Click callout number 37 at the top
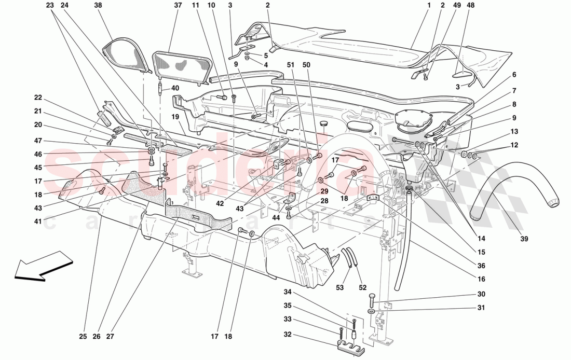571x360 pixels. (x=178, y=6)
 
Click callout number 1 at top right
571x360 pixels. (x=430, y=6)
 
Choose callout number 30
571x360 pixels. (x=481, y=294)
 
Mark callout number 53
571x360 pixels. (x=340, y=287)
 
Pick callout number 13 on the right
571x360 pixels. (x=514, y=131)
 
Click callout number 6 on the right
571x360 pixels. (x=514, y=75)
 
